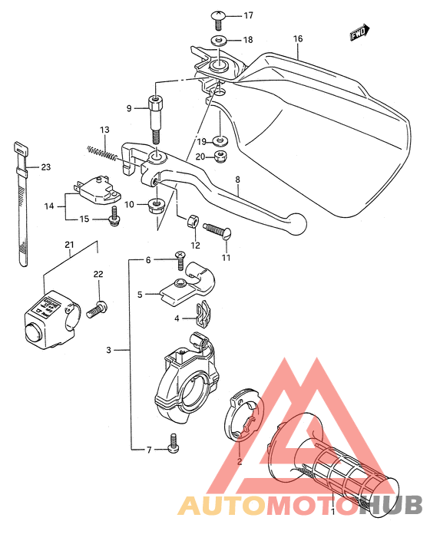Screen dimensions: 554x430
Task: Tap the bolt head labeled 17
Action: (217, 16)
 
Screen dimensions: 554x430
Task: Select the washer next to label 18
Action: (218, 40)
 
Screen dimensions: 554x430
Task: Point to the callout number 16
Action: (298, 38)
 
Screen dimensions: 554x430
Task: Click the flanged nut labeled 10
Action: (157, 205)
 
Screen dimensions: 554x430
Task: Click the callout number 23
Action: (45, 167)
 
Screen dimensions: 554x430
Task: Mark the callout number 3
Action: (109, 351)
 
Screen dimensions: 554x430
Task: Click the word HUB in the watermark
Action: (392, 505)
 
